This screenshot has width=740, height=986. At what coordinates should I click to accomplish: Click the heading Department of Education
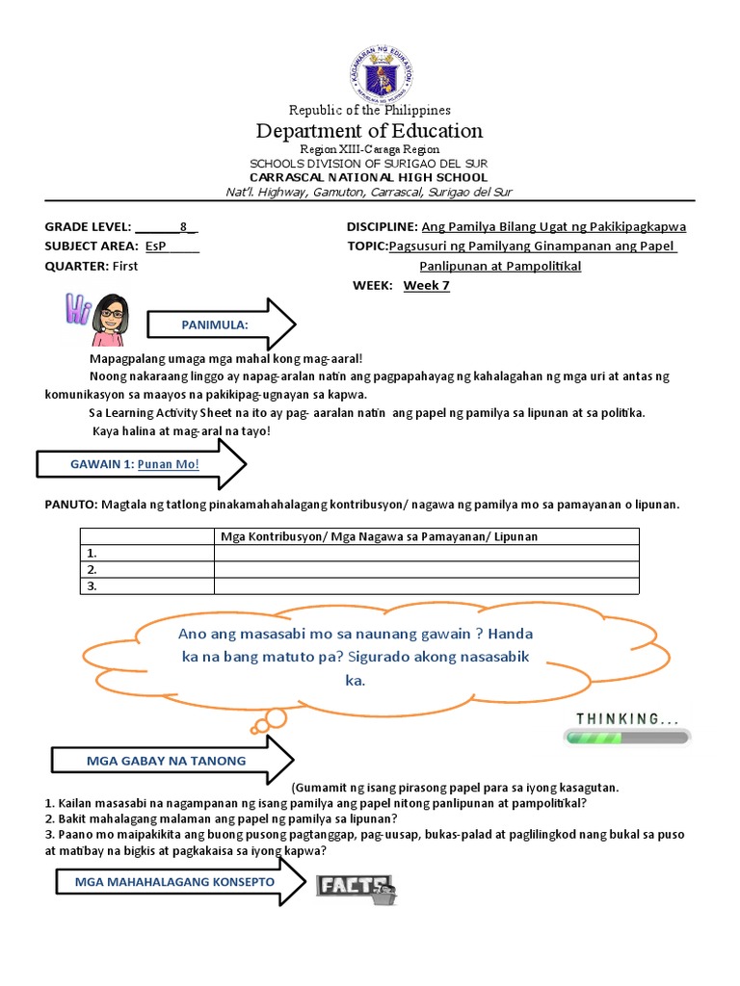pyautogui.click(x=369, y=131)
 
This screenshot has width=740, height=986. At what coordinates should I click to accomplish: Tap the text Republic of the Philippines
pyautogui.click(x=369, y=111)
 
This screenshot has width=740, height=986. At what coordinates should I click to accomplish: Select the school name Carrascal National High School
pyautogui.click(x=369, y=177)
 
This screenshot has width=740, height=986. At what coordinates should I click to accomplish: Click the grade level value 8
pyautogui.click(x=182, y=227)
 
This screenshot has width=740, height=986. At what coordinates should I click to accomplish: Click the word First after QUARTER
pyautogui.click(x=126, y=266)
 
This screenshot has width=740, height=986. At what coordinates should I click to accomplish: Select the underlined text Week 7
pyautogui.click(x=426, y=285)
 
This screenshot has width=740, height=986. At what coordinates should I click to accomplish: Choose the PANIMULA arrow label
pyautogui.click(x=215, y=325)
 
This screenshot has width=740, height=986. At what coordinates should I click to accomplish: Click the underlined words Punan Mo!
pyautogui.click(x=169, y=464)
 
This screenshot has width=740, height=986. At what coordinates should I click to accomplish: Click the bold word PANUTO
pyautogui.click(x=70, y=504)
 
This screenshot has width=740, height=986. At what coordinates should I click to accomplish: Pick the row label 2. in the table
pyautogui.click(x=92, y=569)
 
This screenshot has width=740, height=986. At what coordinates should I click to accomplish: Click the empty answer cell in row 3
pyautogui.click(x=426, y=585)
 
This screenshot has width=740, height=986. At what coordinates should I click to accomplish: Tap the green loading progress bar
pyautogui.click(x=626, y=738)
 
